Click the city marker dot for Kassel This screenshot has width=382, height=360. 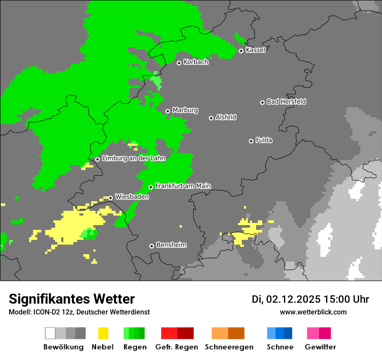[x=241, y=51]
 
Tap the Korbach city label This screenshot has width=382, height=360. [x=196, y=62]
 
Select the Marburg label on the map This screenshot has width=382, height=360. [x=185, y=110]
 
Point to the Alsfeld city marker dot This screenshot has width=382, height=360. [x=211, y=118]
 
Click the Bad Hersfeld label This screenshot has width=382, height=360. [x=286, y=101]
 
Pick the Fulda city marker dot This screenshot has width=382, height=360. [x=251, y=141]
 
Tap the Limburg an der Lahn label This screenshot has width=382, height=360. [x=133, y=158]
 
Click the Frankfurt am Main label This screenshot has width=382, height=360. [x=183, y=186]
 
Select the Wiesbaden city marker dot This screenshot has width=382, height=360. [x=111, y=198]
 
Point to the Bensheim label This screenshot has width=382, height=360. [x=171, y=245]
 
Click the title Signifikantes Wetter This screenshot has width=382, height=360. [x=72, y=299]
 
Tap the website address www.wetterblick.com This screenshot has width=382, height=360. [x=313, y=312]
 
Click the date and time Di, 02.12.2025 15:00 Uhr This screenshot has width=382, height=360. [x=310, y=299]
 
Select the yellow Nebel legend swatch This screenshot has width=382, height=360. [x=103, y=333]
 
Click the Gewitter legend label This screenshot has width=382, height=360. [x=320, y=347]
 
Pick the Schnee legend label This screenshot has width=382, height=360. [x=280, y=347]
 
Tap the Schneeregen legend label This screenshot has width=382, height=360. [x=228, y=347]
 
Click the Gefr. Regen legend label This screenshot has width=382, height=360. [x=177, y=347]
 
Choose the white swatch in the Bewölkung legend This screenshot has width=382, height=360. [x=50, y=333]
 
